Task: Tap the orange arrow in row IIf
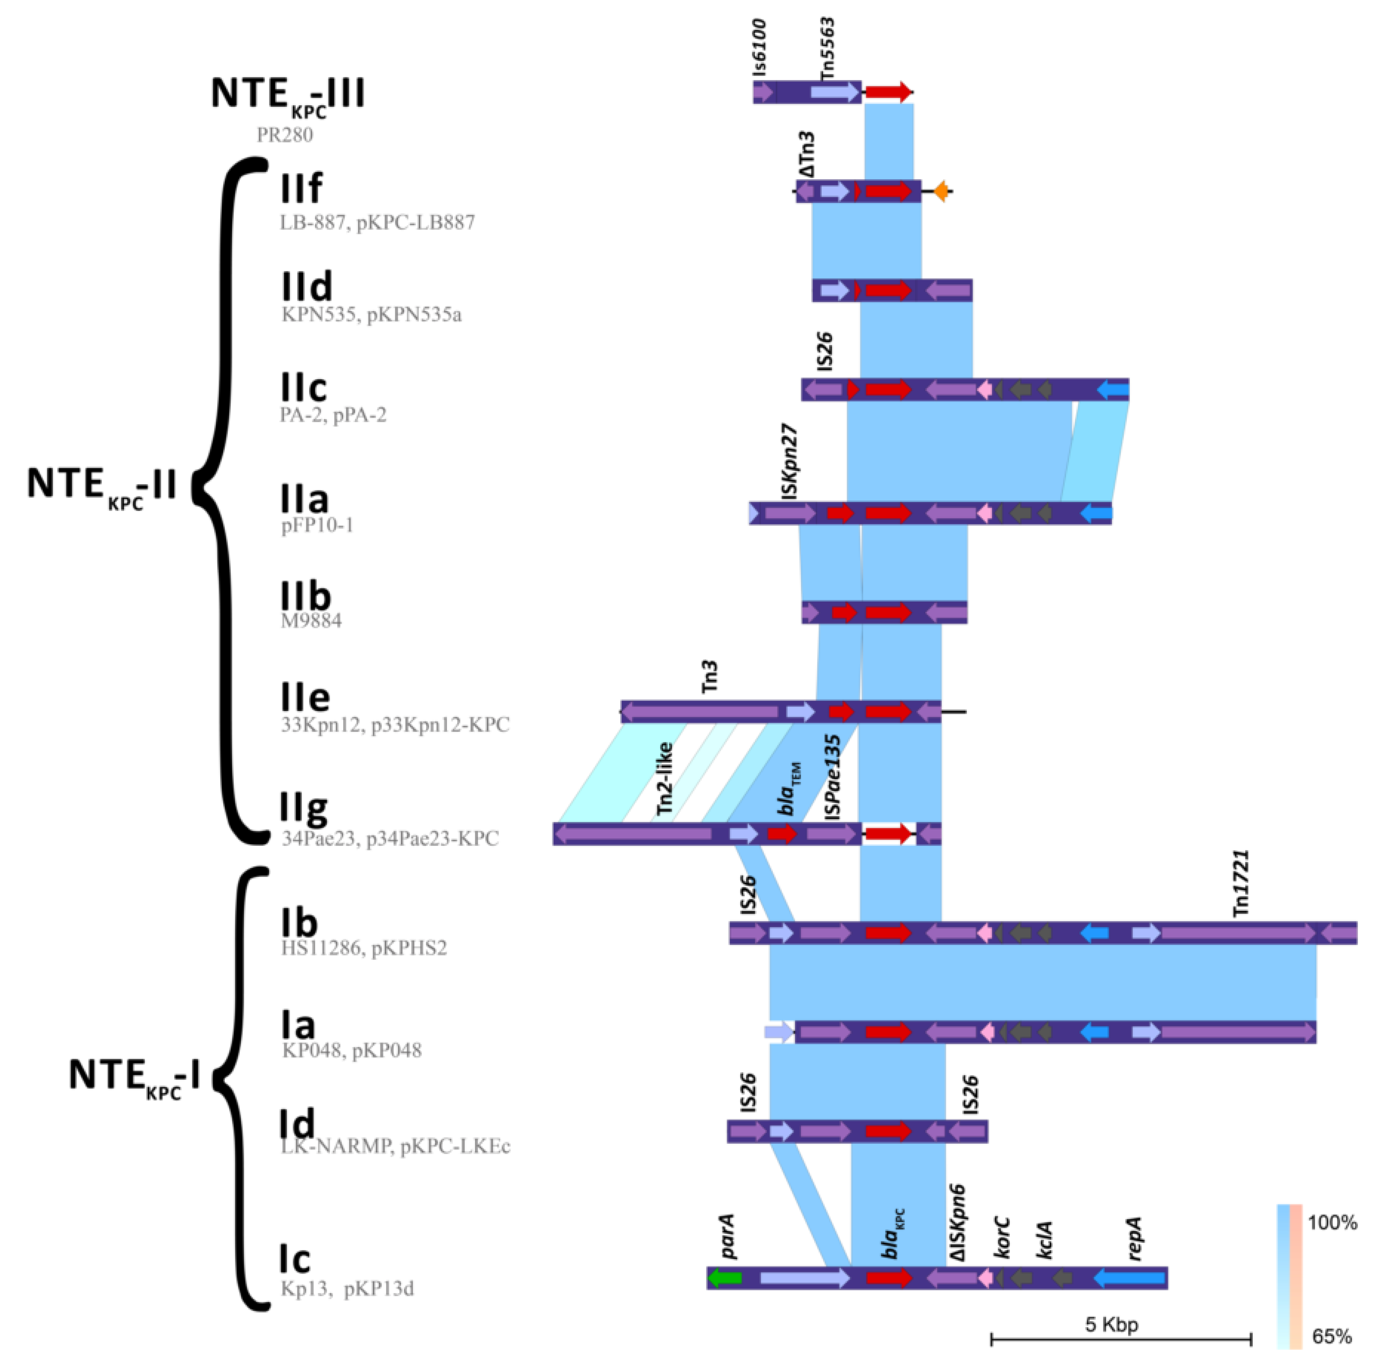coord(941,191)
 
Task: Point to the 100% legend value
coord(1332,1222)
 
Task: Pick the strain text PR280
coord(285,135)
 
